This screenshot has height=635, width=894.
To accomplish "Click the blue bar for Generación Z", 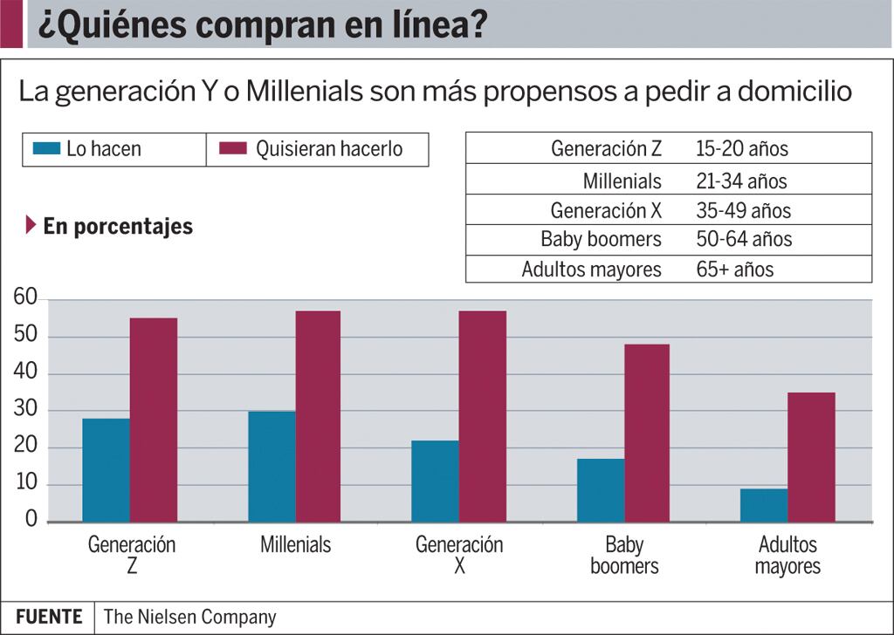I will pos(106,470).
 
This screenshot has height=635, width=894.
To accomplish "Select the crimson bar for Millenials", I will pos(318,416).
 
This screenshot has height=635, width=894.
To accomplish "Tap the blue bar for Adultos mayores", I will pos(764,505).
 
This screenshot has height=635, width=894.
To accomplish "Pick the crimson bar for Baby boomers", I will pos(647,433).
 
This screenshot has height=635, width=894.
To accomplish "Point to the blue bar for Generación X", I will pos(435,481).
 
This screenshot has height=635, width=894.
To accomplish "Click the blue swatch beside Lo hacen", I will pos(45,149).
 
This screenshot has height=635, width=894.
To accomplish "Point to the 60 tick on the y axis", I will pos(25,299).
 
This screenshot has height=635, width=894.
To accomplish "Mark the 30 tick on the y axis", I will pos(25,410).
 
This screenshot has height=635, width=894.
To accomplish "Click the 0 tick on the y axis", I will pos(31,521).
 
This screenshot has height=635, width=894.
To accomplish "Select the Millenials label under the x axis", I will pos(296,545).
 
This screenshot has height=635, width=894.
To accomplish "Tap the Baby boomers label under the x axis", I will pos(624,556).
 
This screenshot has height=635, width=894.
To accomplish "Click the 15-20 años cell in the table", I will pos(742,148).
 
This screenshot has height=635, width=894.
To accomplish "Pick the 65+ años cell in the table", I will pos(735,269).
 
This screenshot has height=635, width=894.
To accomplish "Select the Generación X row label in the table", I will pos(606,210).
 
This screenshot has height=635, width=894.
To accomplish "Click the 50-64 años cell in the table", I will pos(744,239).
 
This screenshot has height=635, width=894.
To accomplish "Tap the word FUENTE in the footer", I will pos(49,617).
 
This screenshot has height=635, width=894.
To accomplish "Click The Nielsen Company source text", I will pos(189,617).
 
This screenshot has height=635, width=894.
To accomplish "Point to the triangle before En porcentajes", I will pos(31,226).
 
